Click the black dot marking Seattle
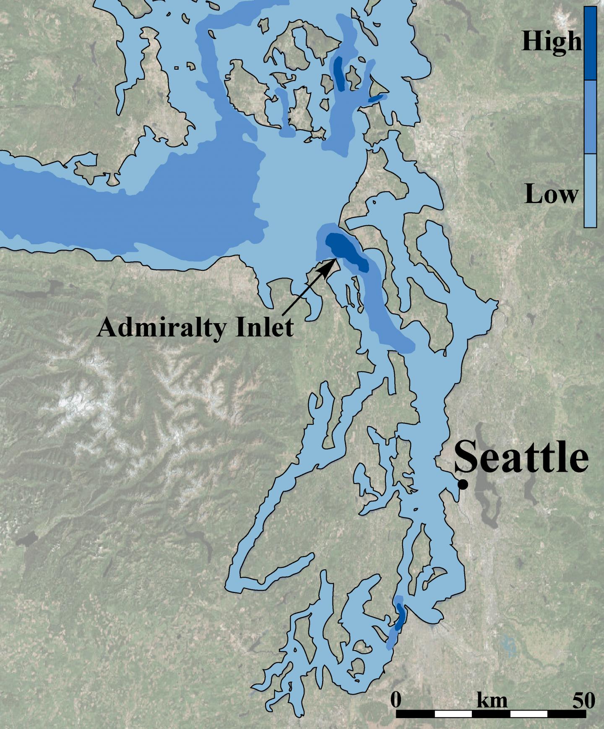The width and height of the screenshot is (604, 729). [463, 484]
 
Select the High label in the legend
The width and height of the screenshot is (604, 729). [551, 42]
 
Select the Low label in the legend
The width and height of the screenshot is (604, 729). [551, 195]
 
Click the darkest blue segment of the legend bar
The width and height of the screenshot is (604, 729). [590, 43]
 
